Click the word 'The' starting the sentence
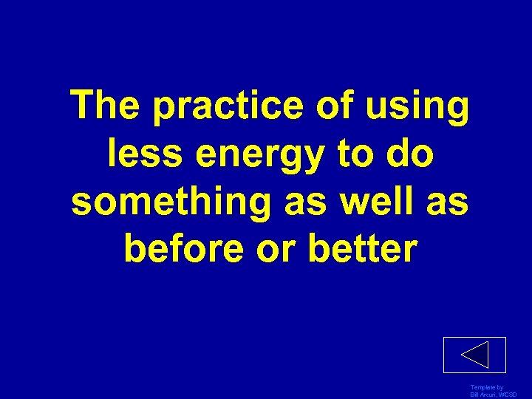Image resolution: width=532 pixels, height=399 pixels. click(x=106, y=107)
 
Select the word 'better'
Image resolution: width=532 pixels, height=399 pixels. click(x=368, y=249)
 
